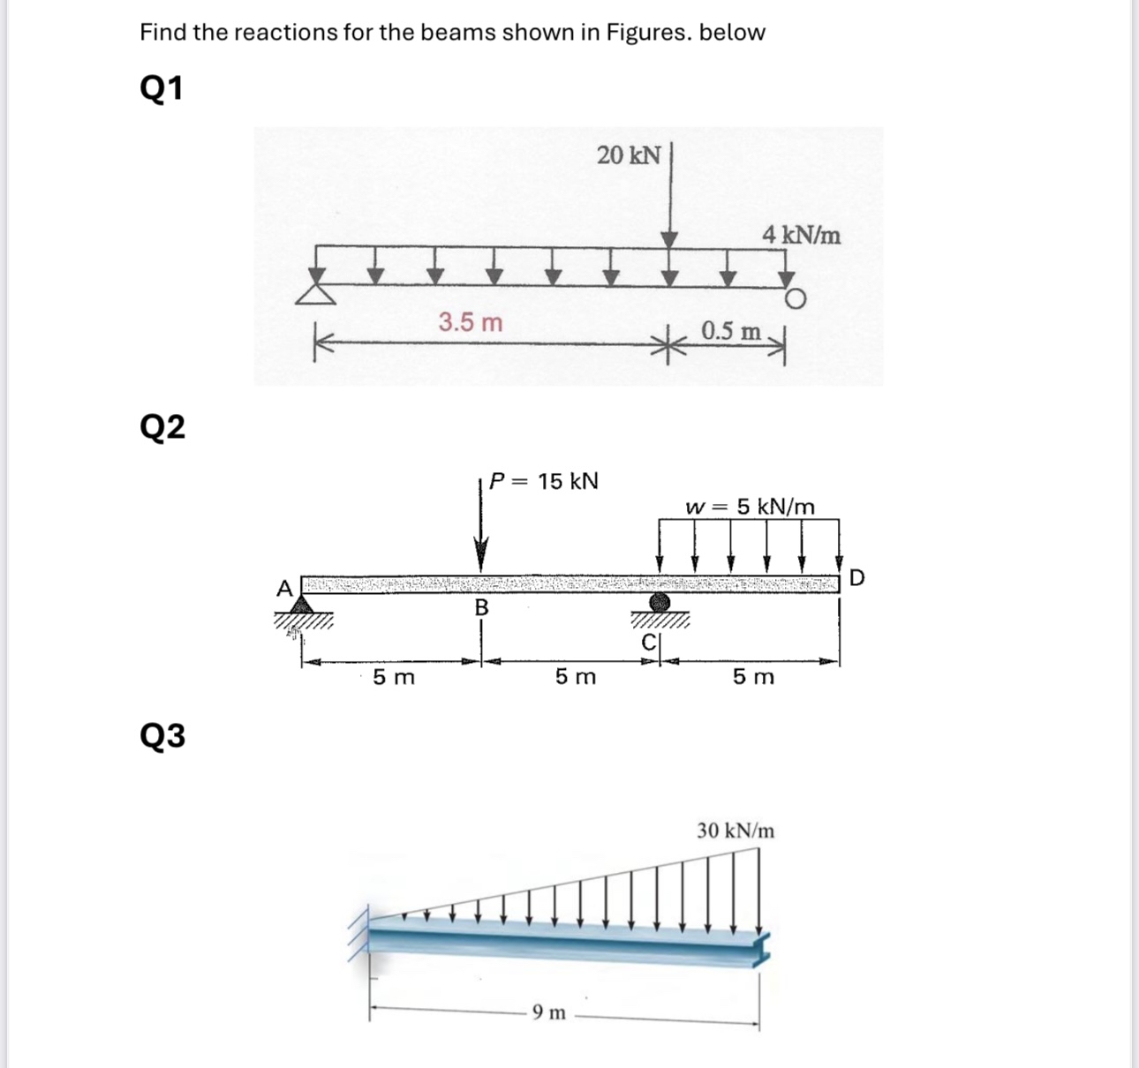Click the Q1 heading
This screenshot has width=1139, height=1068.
162,88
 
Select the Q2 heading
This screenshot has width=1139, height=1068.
162,427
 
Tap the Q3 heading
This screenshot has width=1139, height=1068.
162,735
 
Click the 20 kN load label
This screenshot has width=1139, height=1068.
628,155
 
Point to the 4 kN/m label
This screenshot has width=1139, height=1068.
802,236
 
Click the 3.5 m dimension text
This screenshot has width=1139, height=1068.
471,323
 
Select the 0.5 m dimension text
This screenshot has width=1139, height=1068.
731,332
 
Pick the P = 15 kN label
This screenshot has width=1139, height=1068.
544,481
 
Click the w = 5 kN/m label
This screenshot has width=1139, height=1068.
751,507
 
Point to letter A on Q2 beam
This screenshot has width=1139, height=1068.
284,588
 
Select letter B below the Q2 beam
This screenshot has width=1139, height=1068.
481,607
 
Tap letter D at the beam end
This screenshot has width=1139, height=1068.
856,578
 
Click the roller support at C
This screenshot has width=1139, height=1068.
659,603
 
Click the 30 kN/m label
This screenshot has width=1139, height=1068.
735,831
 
